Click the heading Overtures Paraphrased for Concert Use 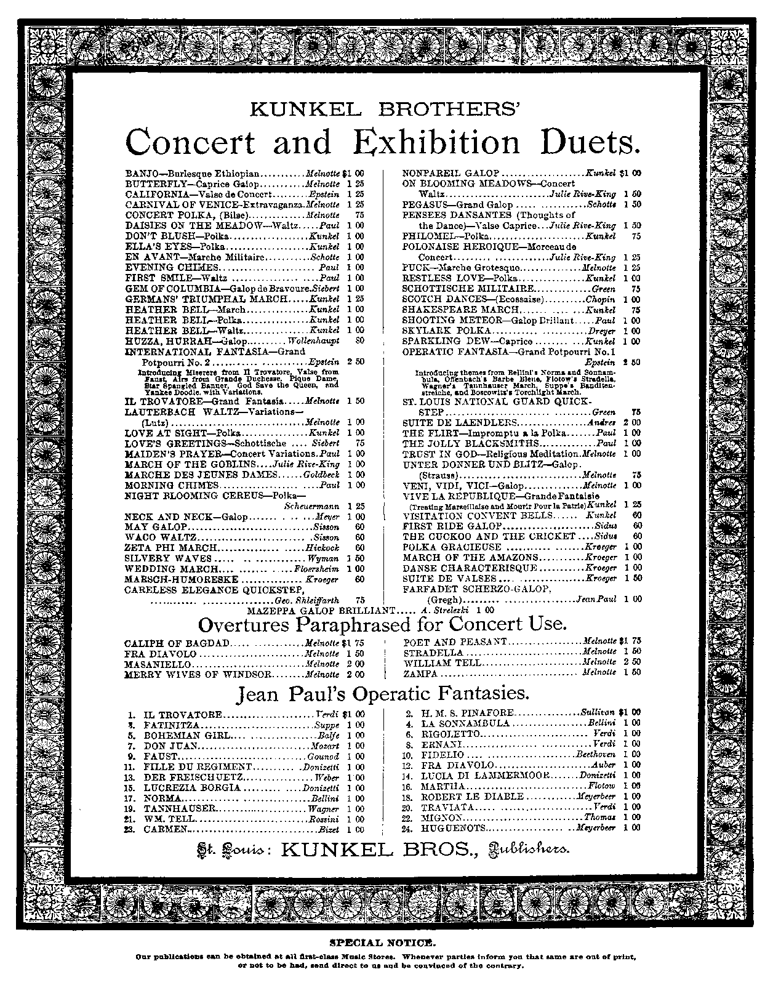click(382, 625)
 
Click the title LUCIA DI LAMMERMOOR click(485, 776)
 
